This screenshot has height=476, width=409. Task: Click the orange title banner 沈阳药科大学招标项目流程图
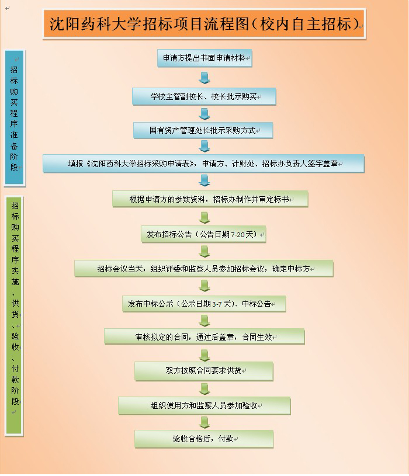[204, 24]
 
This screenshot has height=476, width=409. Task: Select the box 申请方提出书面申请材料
[204, 58]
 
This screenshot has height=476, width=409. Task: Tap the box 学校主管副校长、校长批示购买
[204, 96]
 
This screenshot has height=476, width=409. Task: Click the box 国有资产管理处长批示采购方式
[203, 130]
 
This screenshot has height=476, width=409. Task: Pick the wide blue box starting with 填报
[203, 164]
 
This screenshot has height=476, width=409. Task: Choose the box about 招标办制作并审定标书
[210, 199]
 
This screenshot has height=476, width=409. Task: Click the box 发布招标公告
[203, 234]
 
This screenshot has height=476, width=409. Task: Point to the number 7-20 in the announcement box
[238, 235]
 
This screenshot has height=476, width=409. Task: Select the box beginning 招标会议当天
[204, 268]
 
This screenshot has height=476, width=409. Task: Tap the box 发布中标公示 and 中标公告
[204, 304]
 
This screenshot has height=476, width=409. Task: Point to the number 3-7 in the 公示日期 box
[217, 304]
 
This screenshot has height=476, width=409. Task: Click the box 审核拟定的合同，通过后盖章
[204, 336]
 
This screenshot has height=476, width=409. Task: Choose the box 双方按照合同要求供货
[204, 371]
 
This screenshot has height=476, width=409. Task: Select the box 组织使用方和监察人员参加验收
[204, 405]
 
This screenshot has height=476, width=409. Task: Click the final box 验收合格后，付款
[204, 439]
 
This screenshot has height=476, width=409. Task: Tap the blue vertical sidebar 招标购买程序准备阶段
[14, 117]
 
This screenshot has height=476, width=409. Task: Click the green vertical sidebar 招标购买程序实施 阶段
[14, 316]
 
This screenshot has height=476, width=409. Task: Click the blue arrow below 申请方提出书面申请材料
[204, 78]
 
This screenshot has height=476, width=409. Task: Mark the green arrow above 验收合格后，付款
[204, 423]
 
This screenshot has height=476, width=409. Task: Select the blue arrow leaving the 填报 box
[204, 181]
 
